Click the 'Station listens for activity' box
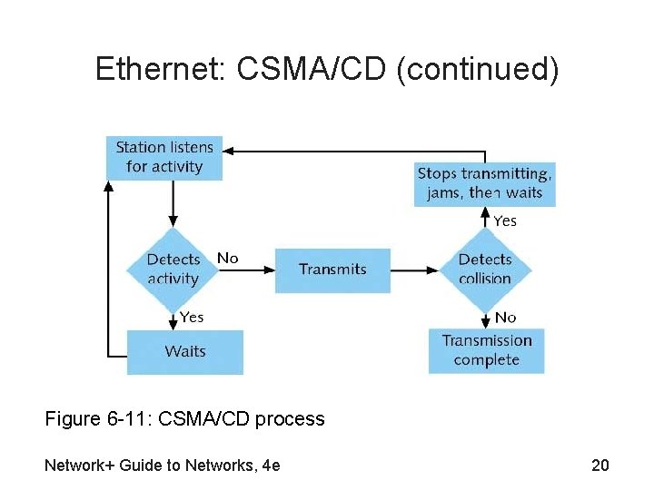pyautogui.click(x=164, y=157)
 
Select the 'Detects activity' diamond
pyautogui.click(x=173, y=269)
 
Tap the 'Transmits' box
pyautogui.click(x=332, y=269)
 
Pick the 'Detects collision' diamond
pyautogui.click(x=485, y=269)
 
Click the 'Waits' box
pyautogui.click(x=185, y=352)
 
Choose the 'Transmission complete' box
pyautogui.click(x=487, y=350)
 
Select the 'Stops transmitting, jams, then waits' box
pyautogui.click(x=484, y=183)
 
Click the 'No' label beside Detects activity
pyautogui.click(x=227, y=259)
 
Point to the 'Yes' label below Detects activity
pyautogui.click(x=191, y=317)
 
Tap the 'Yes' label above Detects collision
pyautogui.click(x=505, y=220)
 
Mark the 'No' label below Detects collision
pyautogui.click(x=505, y=317)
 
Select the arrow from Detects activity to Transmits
pyautogui.click(x=245, y=269)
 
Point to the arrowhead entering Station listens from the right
pyautogui.click(x=229, y=151)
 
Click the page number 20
pyautogui.click(x=599, y=466)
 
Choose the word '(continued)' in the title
pyautogui.click(x=477, y=69)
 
